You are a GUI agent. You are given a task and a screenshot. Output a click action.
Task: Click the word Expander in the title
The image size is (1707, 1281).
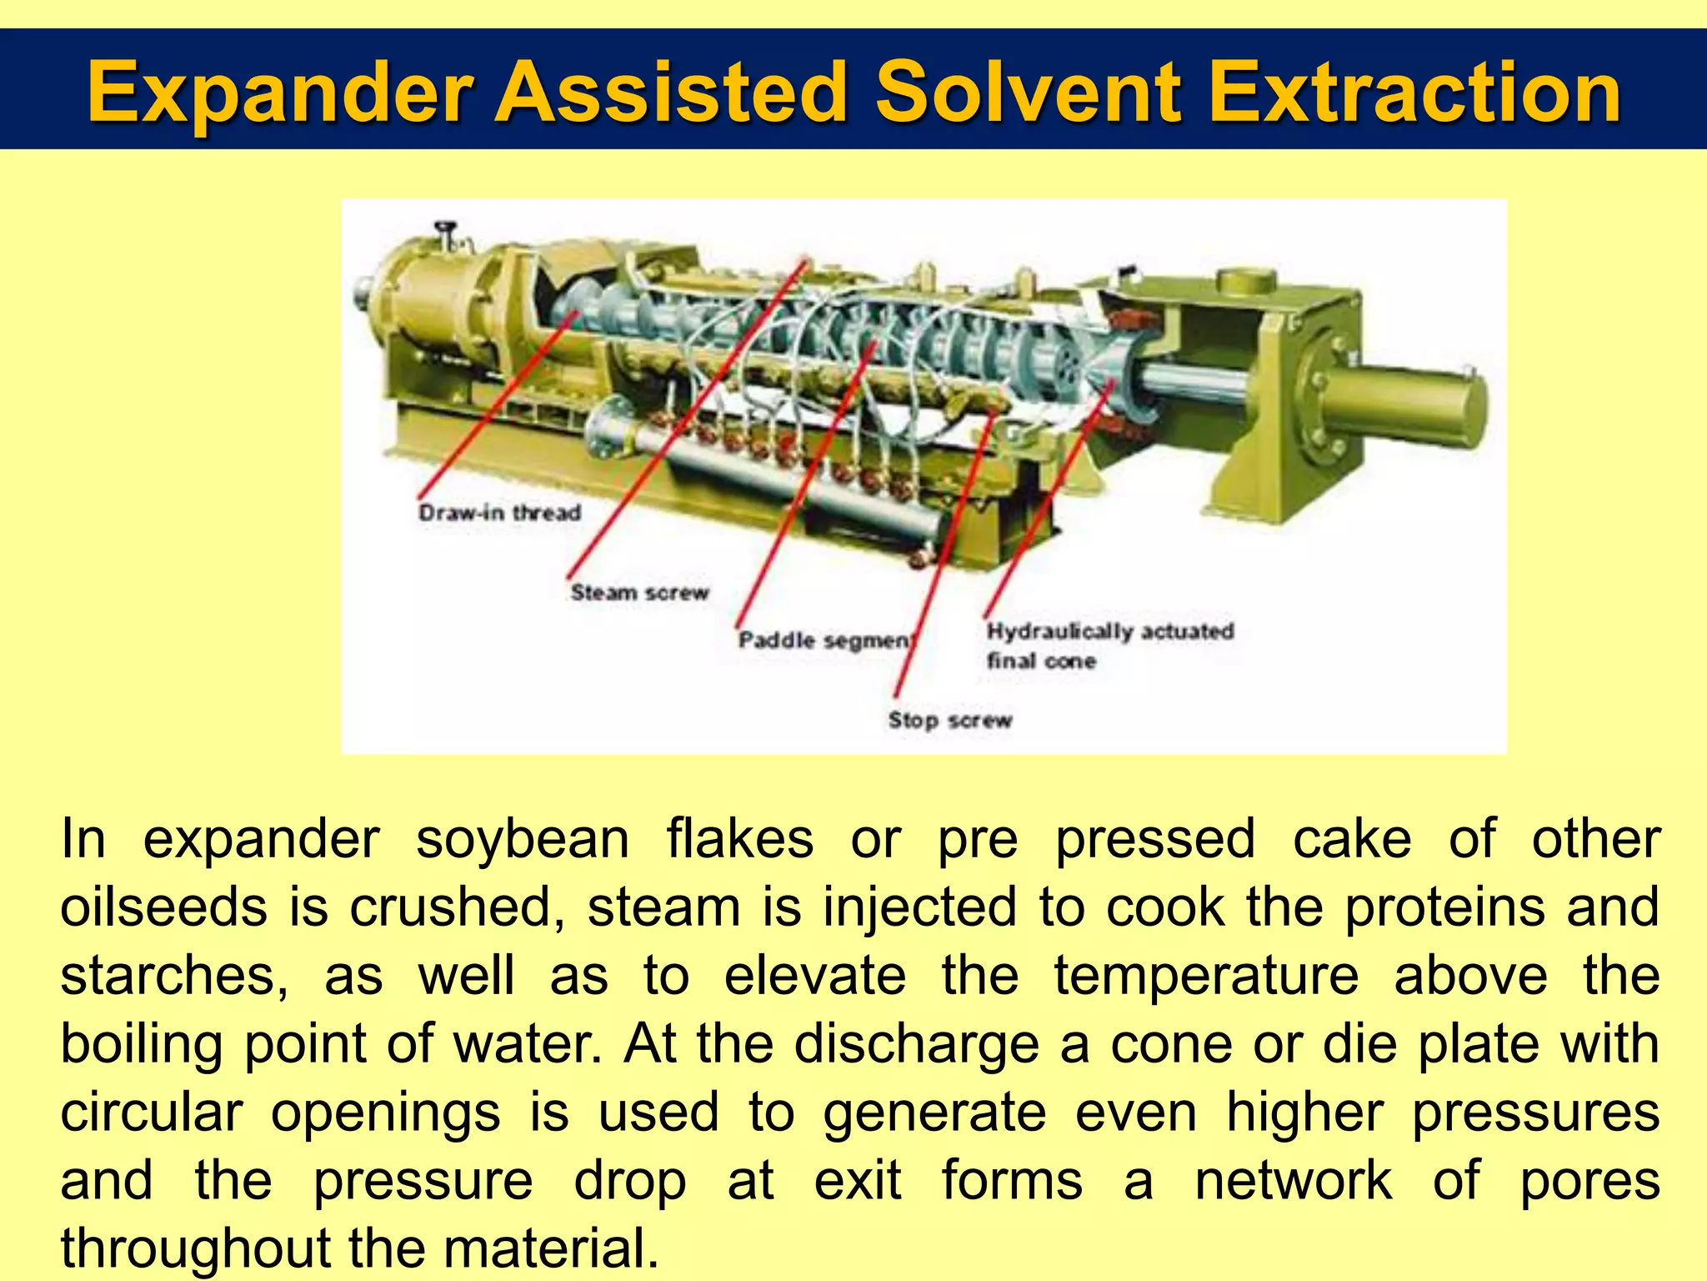point(281,93)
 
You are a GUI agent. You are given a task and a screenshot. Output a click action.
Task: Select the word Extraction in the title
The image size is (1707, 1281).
point(1414,93)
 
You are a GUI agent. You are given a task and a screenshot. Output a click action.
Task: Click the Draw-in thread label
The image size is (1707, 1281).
point(499,512)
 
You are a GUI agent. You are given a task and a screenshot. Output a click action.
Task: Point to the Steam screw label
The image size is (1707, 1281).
point(639,592)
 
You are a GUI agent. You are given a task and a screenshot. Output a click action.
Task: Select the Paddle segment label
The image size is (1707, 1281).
point(826,640)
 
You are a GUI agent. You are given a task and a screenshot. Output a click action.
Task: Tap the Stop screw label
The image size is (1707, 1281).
point(949,720)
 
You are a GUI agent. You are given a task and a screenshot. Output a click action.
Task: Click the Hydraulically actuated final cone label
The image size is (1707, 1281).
point(1109,645)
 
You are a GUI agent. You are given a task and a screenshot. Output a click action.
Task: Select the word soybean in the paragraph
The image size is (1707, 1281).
point(523,839)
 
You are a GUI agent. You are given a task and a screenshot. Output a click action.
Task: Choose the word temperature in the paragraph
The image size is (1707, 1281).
point(1206,976)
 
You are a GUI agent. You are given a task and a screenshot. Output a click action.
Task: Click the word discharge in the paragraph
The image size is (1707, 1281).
point(917,1044)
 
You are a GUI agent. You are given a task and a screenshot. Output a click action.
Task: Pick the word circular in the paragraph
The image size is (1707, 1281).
point(152,1113)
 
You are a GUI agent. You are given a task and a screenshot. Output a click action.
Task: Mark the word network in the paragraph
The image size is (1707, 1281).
point(1293,1181)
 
